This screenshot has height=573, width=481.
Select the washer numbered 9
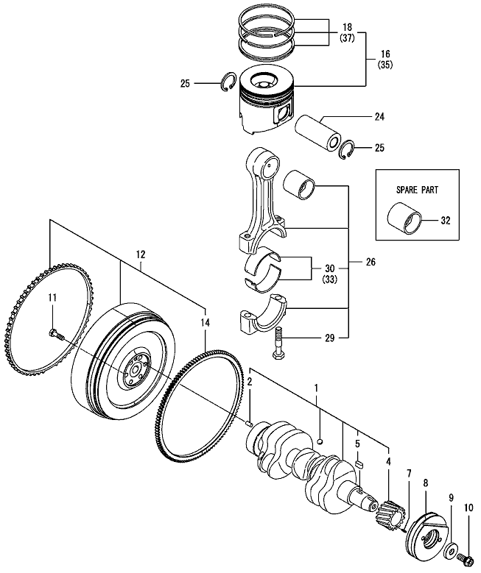pyautogui.click(x=449, y=549)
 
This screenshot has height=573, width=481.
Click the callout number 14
pyautogui.click(x=204, y=321)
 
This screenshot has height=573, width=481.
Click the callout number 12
pyautogui.click(x=140, y=255)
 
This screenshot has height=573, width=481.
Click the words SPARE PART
pyautogui.click(x=417, y=189)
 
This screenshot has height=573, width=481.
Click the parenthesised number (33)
pyautogui.click(x=329, y=280)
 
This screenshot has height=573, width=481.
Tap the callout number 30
pyautogui.click(x=329, y=268)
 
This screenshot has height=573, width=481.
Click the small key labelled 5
pyautogui.click(x=360, y=464)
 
